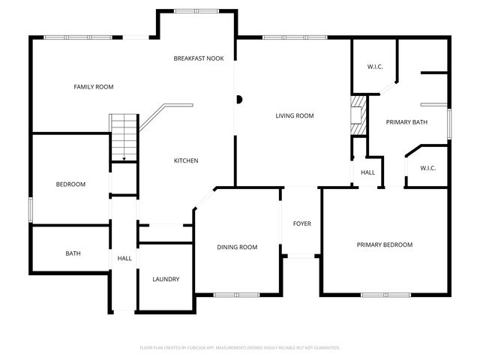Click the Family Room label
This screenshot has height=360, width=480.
click(93, 87)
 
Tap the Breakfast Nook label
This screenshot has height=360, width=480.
click(199, 58)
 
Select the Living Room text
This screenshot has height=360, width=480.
click(294, 115)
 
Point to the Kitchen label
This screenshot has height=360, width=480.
click(186, 160)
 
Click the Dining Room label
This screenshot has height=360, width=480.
click(237, 247)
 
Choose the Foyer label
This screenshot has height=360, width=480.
click(301, 223)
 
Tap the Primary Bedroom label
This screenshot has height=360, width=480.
click(384, 244)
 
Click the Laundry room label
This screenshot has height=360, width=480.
click(166, 279)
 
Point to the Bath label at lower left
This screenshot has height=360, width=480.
click(73, 253)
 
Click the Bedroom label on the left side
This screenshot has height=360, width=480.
click(70, 184)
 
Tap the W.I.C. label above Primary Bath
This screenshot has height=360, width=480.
click(375, 67)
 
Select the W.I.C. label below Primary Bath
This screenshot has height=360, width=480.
click(428, 168)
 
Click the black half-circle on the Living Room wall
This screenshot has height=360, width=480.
click(239, 98)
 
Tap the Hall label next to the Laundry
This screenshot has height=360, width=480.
click(124, 258)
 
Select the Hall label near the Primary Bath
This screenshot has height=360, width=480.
click(367, 172)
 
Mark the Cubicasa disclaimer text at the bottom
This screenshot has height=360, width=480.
click(240, 347)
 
